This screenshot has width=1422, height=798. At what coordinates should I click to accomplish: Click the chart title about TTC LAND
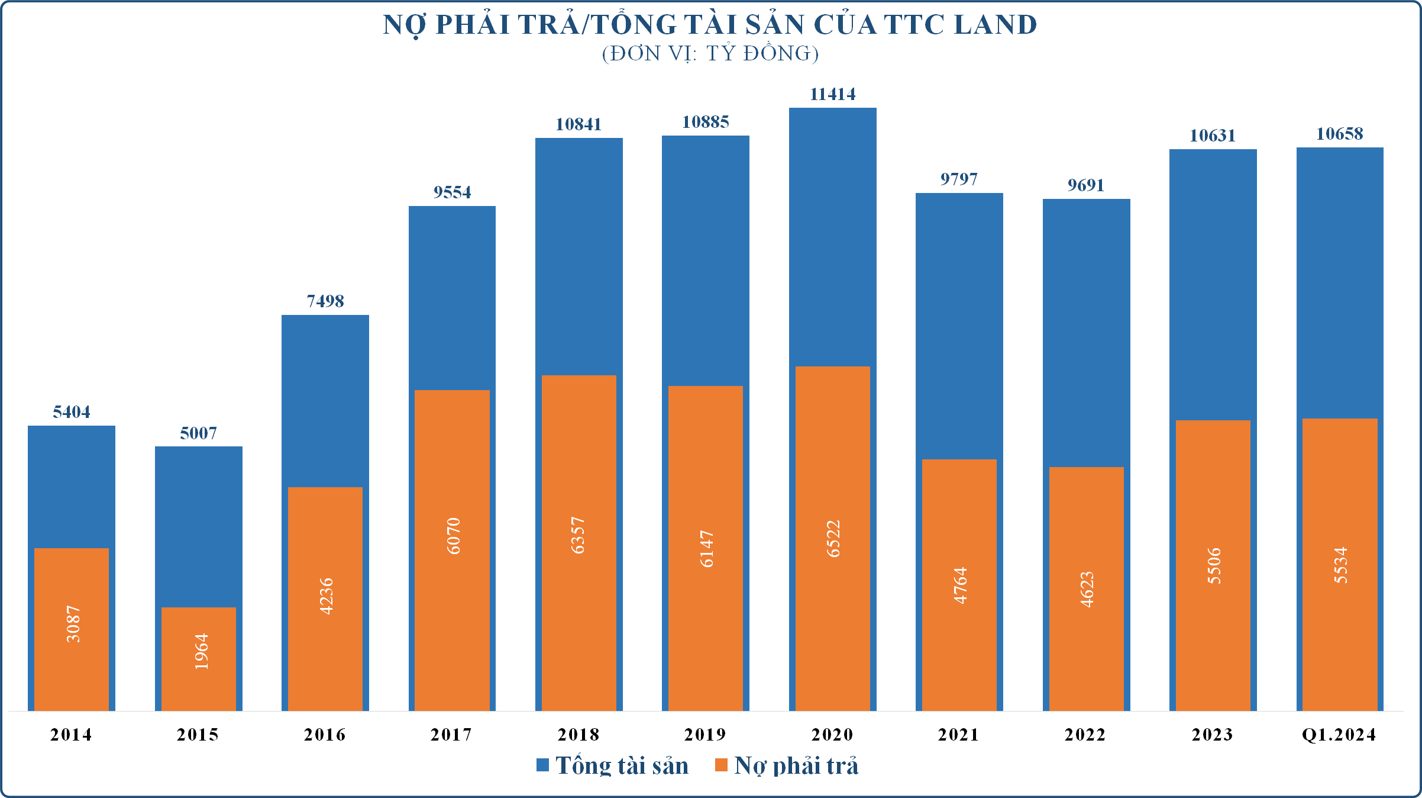tap(710, 25)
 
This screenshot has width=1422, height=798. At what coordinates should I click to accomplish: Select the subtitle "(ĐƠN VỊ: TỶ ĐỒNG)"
tap(710, 54)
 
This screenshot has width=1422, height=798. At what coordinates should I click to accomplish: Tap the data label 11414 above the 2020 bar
tap(832, 94)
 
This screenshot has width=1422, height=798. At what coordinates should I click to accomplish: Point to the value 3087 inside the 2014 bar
tap(72, 624)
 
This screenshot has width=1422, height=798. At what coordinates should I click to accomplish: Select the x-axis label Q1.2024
tap(1339, 735)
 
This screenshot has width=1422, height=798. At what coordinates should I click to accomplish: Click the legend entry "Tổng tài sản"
tap(622, 765)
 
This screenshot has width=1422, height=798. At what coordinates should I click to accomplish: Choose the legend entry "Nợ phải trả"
tap(796, 765)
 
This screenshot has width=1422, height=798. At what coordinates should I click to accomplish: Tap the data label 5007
tap(198, 433)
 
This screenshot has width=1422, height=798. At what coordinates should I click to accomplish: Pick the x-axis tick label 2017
tap(451, 735)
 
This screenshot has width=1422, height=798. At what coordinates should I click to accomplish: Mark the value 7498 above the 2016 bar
tap(325, 301)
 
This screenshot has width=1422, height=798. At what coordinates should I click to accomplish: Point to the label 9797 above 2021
tap(959, 179)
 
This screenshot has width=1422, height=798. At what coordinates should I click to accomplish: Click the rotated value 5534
tap(1340, 565)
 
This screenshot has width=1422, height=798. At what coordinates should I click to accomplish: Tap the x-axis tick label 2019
tap(705, 735)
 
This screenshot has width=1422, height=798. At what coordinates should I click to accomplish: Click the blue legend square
tap(542, 765)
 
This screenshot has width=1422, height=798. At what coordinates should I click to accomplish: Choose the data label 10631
tap(1213, 136)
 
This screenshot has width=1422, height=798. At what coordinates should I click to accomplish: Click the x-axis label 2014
tap(71, 735)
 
